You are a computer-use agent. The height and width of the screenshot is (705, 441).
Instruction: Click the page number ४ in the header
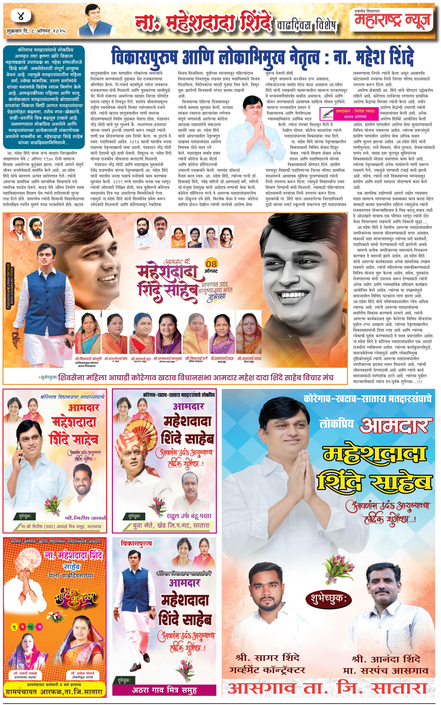click(21, 16)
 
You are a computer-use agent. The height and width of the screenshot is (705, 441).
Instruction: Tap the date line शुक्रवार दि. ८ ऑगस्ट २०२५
click(36, 31)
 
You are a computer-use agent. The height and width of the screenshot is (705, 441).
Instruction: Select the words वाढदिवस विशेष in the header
click(307, 25)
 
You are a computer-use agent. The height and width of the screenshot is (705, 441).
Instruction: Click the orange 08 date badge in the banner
click(211, 264)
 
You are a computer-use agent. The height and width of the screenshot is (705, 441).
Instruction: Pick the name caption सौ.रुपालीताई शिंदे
click(116, 358)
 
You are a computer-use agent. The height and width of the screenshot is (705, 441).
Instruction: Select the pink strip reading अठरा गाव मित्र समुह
click(164, 690)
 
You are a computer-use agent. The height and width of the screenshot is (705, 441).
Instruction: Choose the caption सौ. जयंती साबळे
click(25, 674)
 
